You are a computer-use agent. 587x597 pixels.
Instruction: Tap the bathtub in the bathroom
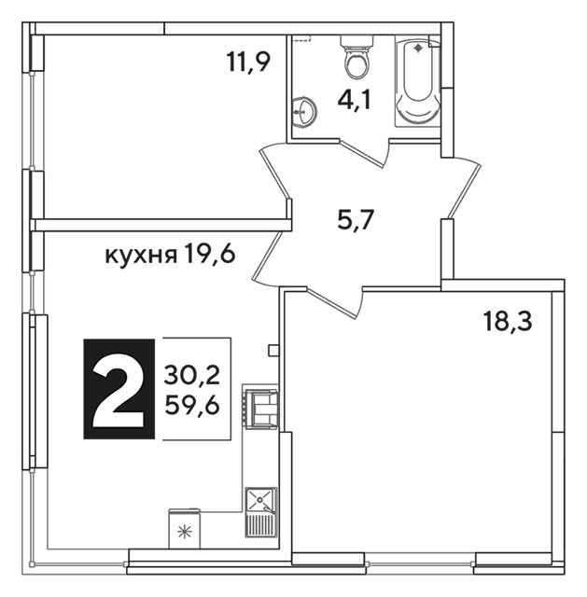417,81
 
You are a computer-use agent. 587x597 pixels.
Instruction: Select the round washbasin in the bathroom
304,111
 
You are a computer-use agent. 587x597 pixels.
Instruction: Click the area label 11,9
248,62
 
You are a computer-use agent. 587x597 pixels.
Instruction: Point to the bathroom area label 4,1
354,100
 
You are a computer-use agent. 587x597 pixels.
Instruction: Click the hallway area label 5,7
355,220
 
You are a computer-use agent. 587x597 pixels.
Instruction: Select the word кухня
141,255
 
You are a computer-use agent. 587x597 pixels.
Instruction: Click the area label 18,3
507,321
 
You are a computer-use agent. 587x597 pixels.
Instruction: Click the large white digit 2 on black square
119,389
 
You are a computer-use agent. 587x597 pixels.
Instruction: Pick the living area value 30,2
192,375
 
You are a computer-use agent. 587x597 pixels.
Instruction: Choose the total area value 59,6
192,405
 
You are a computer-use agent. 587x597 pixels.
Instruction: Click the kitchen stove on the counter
261,407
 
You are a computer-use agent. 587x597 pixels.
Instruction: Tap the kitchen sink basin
261,499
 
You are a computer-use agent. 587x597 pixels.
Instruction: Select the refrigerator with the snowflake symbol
185,529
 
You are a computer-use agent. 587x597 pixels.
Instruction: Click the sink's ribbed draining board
261,524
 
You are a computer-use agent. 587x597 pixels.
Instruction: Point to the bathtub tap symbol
418,48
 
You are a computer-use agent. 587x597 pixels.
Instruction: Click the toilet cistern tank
356,41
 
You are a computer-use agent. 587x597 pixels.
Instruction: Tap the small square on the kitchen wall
273,351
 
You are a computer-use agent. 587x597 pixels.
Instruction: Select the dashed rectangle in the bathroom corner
302,37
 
